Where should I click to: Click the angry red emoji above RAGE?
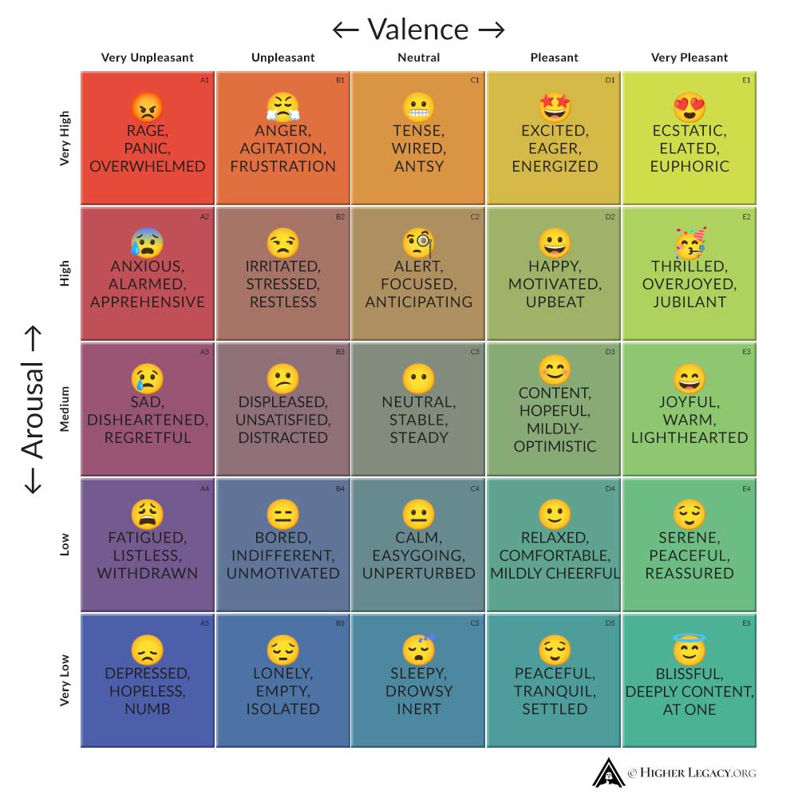(148, 106)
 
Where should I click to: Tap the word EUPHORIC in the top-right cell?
(689, 166)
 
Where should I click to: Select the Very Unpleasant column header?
(148, 57)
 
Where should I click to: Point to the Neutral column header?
(418, 57)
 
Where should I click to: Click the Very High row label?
(65, 138)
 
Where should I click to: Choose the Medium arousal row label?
(65, 409)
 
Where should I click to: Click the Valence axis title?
(418, 30)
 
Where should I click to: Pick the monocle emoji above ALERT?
(419, 242)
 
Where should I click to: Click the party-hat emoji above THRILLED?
(690, 242)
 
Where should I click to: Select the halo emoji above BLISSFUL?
(689, 649)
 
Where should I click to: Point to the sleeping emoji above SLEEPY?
(419, 649)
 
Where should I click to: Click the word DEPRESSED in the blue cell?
(148, 674)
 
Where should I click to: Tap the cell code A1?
(204, 80)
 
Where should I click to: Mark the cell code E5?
(746, 622)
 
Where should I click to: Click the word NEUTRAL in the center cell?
(418, 402)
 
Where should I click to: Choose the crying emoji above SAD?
(148, 377)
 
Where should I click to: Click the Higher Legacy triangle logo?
(608, 772)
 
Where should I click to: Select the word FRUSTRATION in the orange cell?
(283, 166)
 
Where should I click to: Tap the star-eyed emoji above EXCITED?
(555, 106)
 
